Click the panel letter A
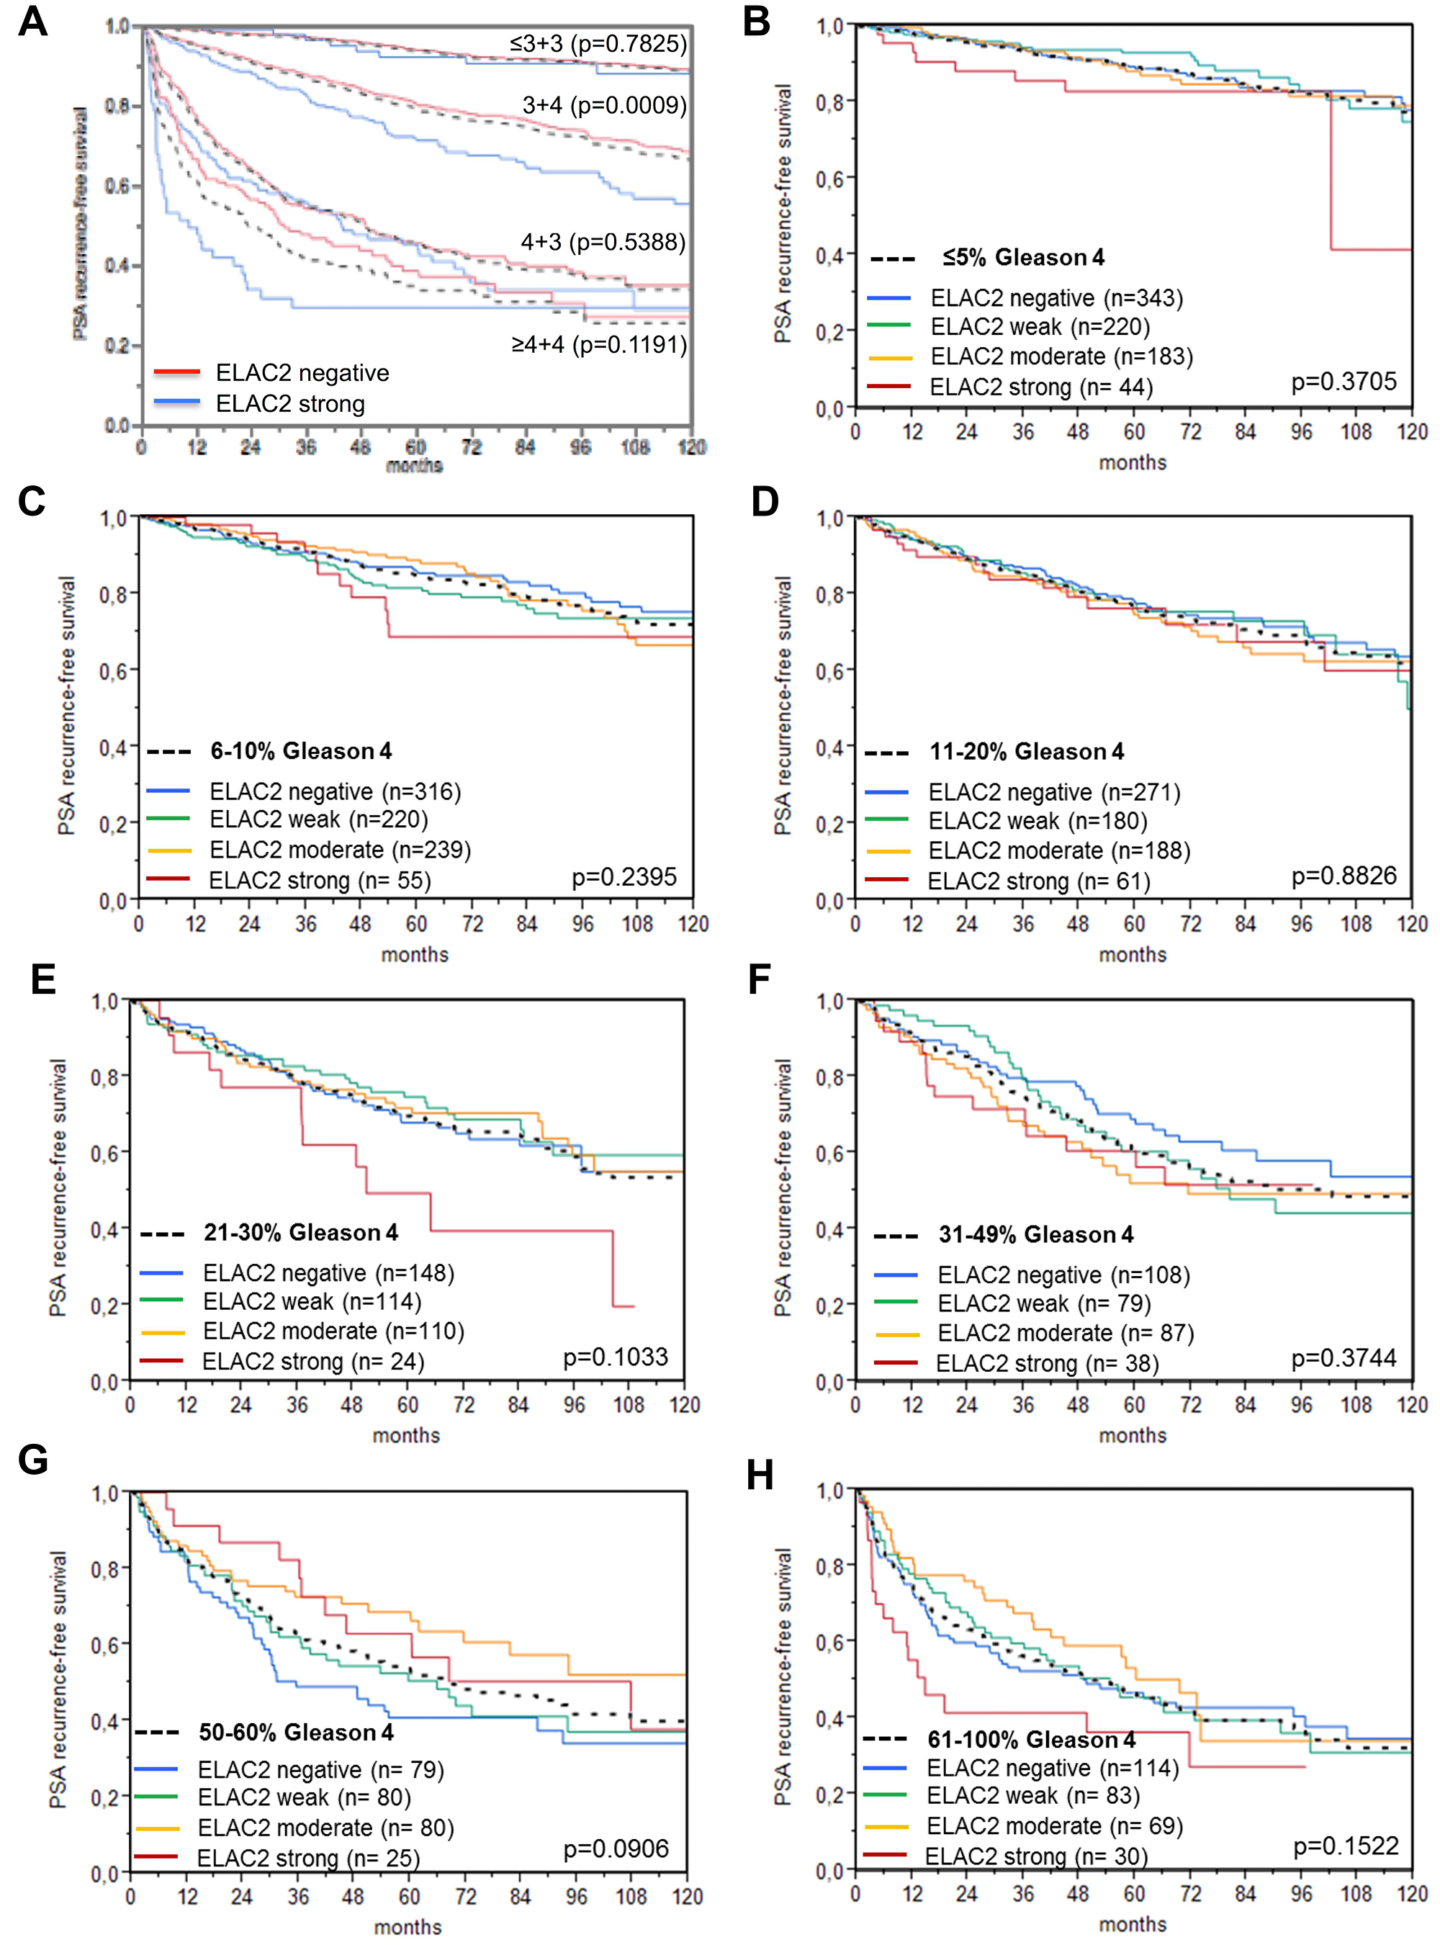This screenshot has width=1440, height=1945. point(32,21)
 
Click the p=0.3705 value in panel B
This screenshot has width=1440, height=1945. point(1344,381)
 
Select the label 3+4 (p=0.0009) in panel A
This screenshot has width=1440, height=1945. point(604,105)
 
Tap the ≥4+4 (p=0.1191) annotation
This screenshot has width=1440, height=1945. point(599,344)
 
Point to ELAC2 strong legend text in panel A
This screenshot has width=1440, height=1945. point(290,404)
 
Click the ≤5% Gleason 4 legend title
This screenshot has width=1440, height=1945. point(1022,257)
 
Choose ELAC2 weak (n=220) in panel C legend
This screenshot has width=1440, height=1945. point(318,819)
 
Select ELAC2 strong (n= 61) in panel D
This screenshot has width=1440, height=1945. point(1038,881)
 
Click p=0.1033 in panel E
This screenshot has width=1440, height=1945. point(616,1357)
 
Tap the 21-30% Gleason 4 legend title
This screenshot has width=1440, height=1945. point(301,1232)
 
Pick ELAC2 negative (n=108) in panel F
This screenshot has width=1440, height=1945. point(1063,1275)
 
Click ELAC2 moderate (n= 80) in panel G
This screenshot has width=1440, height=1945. point(325,1828)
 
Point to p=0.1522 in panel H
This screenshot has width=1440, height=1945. point(1345,1846)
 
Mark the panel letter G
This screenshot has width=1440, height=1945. point(32,1460)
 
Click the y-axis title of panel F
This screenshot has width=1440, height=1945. point(783,1187)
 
